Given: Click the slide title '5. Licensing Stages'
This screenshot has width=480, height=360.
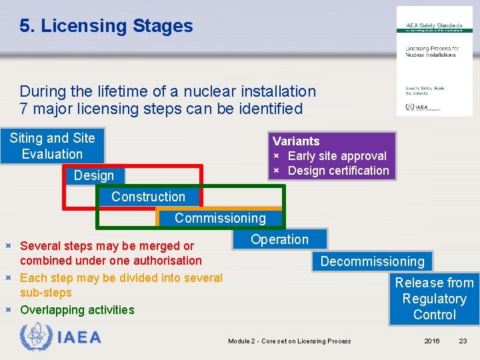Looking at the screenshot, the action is pos(106,26).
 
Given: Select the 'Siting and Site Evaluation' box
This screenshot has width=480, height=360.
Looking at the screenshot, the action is pos(52,146).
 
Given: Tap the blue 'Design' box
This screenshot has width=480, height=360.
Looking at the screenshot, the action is pos(94,175).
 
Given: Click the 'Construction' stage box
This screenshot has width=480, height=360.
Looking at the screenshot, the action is pos(148,197).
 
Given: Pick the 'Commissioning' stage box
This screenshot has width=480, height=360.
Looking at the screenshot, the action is pos(220,218).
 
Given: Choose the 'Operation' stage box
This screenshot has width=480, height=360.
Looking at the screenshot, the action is pos(279,239).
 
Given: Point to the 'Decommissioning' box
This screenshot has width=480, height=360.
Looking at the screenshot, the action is pos(372,261).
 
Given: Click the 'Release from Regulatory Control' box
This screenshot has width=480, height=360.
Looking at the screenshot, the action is pos(434,299).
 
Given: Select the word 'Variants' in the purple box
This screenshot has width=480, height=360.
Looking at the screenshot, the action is pos(296,141).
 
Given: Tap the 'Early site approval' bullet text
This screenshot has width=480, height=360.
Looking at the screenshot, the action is pos(337,156).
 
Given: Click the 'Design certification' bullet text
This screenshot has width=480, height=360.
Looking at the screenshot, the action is pos(338,171).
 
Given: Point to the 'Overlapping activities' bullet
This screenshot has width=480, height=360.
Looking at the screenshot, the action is pos(77,310).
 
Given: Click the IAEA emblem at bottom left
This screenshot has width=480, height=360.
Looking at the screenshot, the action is pos(35,337).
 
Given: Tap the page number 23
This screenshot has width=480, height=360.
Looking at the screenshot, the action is pos(463,341).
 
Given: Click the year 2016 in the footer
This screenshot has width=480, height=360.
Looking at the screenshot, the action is pos(432,341).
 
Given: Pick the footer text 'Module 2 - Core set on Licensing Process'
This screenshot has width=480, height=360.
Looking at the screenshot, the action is pos(289,341).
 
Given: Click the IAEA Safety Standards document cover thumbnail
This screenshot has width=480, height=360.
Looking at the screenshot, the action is pos(434,61).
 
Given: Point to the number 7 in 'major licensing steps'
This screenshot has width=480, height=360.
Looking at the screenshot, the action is pos(24,109).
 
